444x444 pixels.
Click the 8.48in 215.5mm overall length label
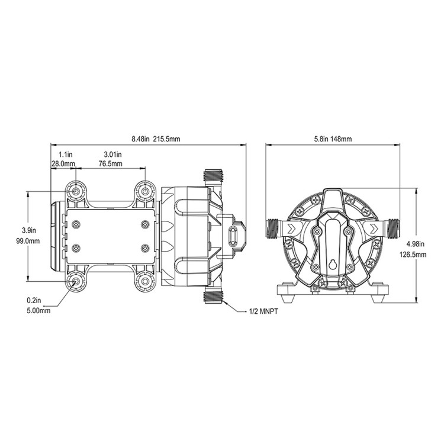[x=156, y=139]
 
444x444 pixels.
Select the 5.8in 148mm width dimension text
[x=333, y=139]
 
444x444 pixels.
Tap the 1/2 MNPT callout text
[x=263, y=312]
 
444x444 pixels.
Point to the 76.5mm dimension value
[x=111, y=163]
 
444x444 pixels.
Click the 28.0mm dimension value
[x=63, y=163]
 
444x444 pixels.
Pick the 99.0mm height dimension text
[x=28, y=242]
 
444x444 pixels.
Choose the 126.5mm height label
[x=413, y=255]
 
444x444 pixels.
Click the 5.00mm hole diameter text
[x=38, y=311]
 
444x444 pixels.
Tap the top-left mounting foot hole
[x=76, y=192]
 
